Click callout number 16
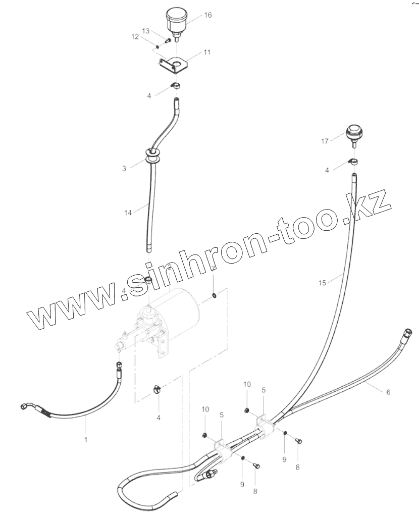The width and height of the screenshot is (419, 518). click(208, 15)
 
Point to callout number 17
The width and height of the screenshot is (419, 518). click(324, 141)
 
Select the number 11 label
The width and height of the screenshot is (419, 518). click(207, 52)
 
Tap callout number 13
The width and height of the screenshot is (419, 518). click(145, 31)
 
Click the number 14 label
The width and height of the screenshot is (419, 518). click(128, 213)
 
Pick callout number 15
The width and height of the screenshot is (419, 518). click(323, 283)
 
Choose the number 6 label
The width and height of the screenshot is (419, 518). click(388, 392)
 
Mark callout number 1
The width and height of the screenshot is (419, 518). click(86, 440)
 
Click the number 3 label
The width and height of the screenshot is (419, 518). click(124, 169)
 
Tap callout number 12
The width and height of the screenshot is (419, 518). click(135, 36)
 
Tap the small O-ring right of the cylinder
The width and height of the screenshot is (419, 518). click(215, 295)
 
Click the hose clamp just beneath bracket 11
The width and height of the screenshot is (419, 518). click(175, 84)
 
